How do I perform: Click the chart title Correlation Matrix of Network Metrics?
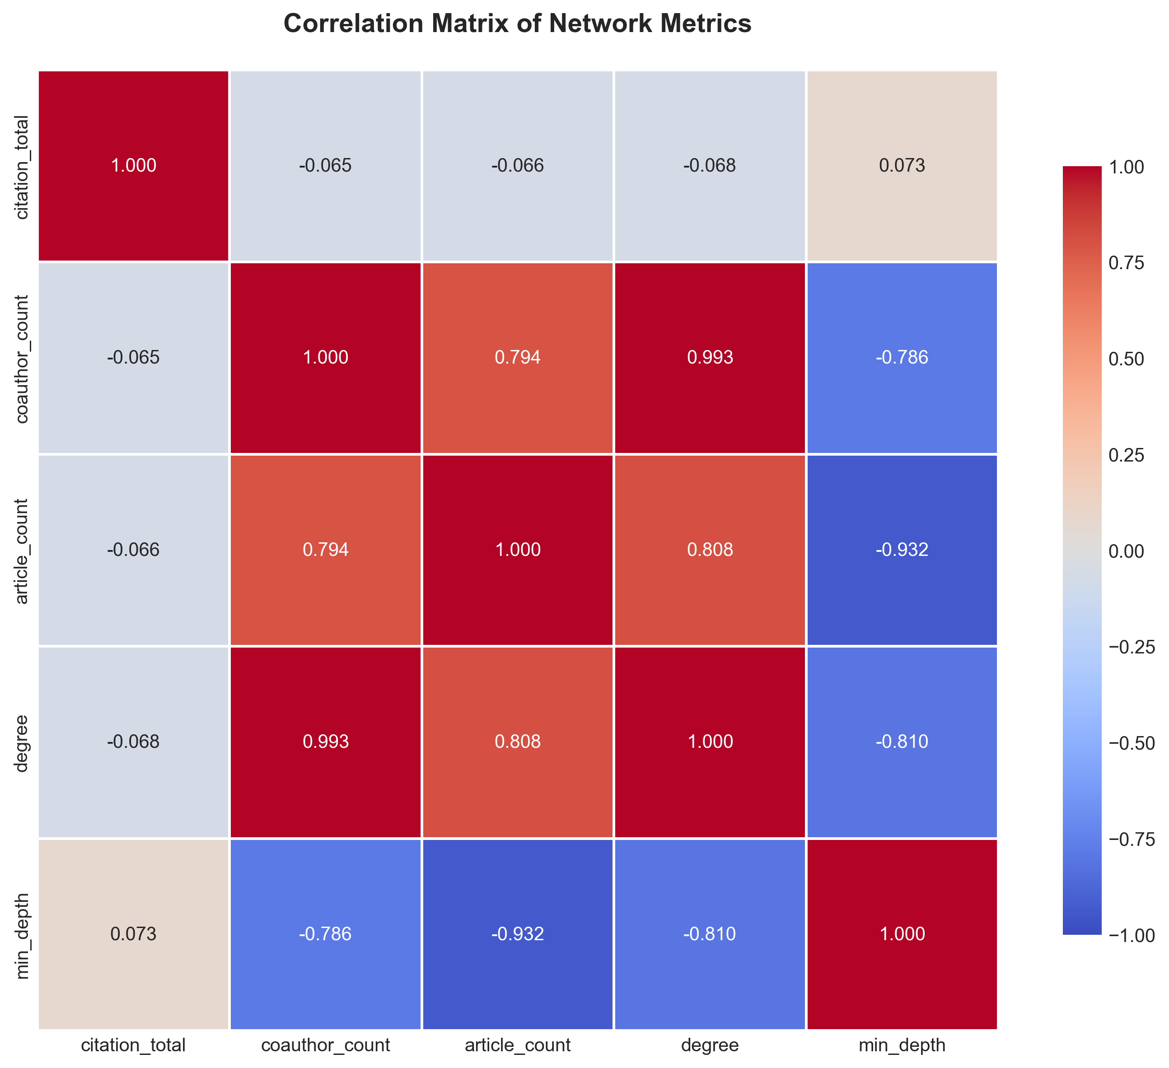pos(517,24)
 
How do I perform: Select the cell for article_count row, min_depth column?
pos(902,549)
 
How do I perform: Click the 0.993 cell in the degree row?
pos(325,742)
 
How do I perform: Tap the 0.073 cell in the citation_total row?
pos(902,166)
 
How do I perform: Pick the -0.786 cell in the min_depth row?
pos(325,933)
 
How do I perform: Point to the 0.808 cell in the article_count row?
pos(710,549)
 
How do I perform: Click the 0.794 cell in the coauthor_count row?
pos(517,357)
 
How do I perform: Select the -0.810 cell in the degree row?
pos(902,742)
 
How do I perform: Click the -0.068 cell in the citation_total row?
pos(710,166)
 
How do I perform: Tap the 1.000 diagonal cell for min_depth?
pos(902,933)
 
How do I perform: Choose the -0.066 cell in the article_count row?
pos(133,549)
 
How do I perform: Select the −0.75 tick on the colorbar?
pos(1130,839)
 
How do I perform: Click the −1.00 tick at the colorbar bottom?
pos(1130,935)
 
